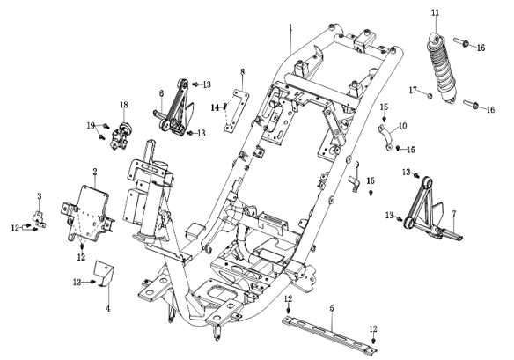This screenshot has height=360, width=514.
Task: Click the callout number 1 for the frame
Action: pyautogui.click(x=290, y=27)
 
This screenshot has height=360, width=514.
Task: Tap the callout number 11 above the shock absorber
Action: pyautogui.click(x=435, y=13)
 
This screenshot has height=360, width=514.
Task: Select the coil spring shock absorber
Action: pyautogui.click(x=441, y=67)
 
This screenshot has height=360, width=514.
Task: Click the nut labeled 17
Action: pyautogui.click(x=430, y=95)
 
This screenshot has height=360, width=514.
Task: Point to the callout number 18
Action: pyautogui.click(x=124, y=105)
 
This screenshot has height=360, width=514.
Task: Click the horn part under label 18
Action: pyautogui.click(x=120, y=136)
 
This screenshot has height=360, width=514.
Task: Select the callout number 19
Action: pyautogui.click(x=91, y=126)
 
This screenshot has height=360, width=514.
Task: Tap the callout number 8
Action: pyautogui.click(x=243, y=71)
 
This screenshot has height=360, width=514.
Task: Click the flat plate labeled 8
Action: pyautogui.click(x=237, y=111)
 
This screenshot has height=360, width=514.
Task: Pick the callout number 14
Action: pyautogui.click(x=215, y=107)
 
